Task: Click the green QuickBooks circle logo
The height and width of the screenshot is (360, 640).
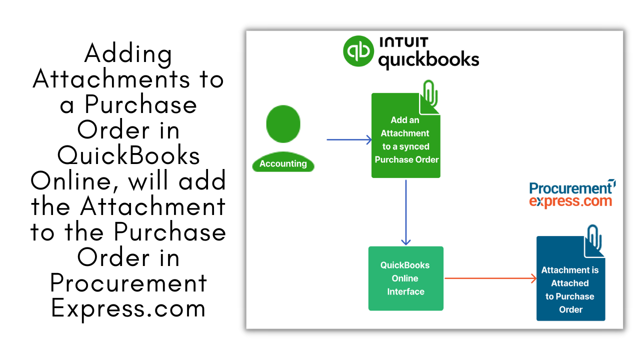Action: (358, 51)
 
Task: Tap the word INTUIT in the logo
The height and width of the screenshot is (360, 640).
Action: (403, 42)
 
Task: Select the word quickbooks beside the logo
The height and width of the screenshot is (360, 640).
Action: (428, 60)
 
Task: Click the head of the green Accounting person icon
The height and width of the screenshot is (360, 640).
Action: (283, 123)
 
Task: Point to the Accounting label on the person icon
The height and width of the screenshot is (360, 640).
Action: (283, 163)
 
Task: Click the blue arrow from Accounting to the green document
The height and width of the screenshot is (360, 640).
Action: (349, 139)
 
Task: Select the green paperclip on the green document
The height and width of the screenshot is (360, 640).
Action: (430, 93)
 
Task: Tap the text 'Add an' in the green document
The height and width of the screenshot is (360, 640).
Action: (405, 120)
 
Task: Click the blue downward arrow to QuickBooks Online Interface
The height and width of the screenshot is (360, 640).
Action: (405, 212)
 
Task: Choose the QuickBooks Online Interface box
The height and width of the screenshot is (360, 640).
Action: (405, 278)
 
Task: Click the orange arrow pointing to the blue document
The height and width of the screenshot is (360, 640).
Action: (490, 278)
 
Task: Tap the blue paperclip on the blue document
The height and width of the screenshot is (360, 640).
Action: (594, 237)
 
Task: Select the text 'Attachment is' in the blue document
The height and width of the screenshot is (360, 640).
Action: (570, 270)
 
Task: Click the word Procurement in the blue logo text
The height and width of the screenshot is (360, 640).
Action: (570, 188)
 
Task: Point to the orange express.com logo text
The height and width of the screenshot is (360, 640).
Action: (570, 201)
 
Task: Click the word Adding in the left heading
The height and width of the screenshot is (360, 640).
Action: (128, 53)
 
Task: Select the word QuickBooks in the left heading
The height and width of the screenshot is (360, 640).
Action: (128, 155)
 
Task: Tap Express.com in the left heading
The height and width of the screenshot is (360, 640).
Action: (128, 308)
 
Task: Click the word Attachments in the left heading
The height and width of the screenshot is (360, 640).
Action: (111, 78)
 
